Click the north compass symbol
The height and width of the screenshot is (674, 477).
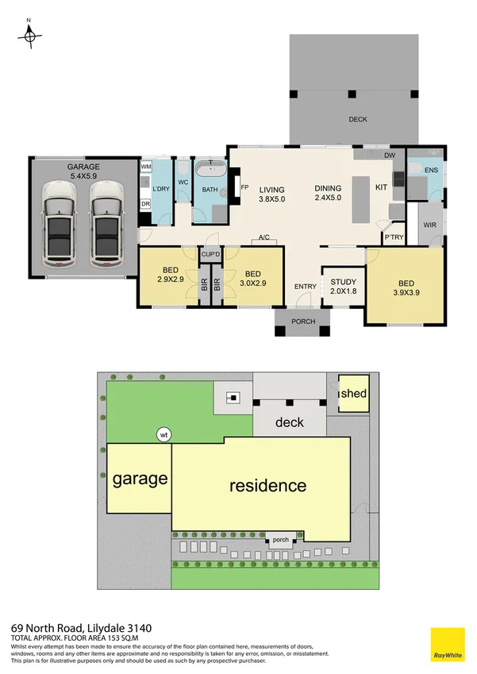tap(29, 34)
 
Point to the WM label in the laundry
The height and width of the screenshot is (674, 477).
tap(146, 168)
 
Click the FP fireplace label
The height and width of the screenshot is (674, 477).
tap(245, 189)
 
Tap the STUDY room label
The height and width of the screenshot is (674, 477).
tap(343, 282)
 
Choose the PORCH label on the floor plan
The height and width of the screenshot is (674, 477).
tap(303, 322)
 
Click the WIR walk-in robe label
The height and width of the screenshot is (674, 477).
tap(430, 225)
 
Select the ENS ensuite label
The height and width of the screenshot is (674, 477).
tap(432, 171)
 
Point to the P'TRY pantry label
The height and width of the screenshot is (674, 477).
tap(393, 237)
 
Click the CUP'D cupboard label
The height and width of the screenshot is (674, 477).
tap(211, 254)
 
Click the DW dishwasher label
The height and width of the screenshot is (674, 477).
tap(390, 156)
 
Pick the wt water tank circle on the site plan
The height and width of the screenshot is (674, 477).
tap(164, 434)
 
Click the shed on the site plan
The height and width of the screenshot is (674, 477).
tap(353, 393)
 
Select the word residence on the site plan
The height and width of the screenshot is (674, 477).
tap(267, 485)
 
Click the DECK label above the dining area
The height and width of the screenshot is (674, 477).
tap(358, 120)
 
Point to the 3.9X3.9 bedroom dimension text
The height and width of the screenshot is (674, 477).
tap(406, 293)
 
